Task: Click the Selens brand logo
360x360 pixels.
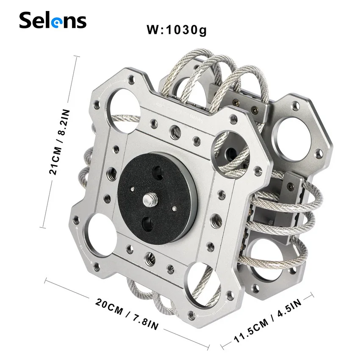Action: tap(53, 20)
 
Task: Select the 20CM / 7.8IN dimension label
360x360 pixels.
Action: tap(127, 314)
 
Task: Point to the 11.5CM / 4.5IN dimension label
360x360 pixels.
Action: tap(267, 321)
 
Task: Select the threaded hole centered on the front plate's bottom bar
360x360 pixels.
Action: tap(148, 257)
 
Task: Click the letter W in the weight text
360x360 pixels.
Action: tap(153, 30)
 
